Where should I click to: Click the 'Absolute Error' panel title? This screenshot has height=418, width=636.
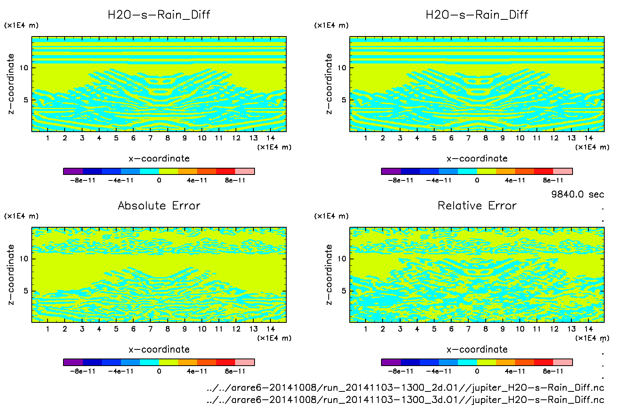pos(159,205)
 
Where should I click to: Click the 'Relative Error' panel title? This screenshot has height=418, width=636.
pos(477,205)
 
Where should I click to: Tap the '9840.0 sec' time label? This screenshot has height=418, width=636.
pos(577,194)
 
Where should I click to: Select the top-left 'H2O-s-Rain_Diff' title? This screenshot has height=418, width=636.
pos(159,15)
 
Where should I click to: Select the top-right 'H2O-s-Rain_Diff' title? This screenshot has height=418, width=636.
pos(477,15)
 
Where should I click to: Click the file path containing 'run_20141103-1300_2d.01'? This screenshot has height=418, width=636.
pos(405,387)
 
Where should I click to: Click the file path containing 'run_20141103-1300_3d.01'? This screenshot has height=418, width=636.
pos(405,399)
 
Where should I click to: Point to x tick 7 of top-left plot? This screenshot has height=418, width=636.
pos(150,138)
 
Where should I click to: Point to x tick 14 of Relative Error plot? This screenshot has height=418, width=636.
pos(588,329)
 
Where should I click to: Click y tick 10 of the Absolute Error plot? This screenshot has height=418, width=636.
pos(24,259)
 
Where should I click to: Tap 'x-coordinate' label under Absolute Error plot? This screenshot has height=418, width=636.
pos(159,349)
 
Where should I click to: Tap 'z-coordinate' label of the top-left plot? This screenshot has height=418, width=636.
pos(11,84)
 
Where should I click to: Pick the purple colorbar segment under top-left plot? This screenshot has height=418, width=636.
pos(73,171)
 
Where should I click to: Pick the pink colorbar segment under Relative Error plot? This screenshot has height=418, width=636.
pos(563,362)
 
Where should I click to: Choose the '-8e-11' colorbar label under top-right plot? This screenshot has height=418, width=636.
pos(400,180)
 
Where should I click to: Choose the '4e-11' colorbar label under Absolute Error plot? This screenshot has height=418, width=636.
pos(197,371)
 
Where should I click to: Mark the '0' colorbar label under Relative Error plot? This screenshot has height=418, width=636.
pos(477,371)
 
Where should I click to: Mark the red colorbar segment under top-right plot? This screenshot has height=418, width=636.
pos(544,171)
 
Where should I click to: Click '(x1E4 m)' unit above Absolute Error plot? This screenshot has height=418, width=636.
pos(21,216)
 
